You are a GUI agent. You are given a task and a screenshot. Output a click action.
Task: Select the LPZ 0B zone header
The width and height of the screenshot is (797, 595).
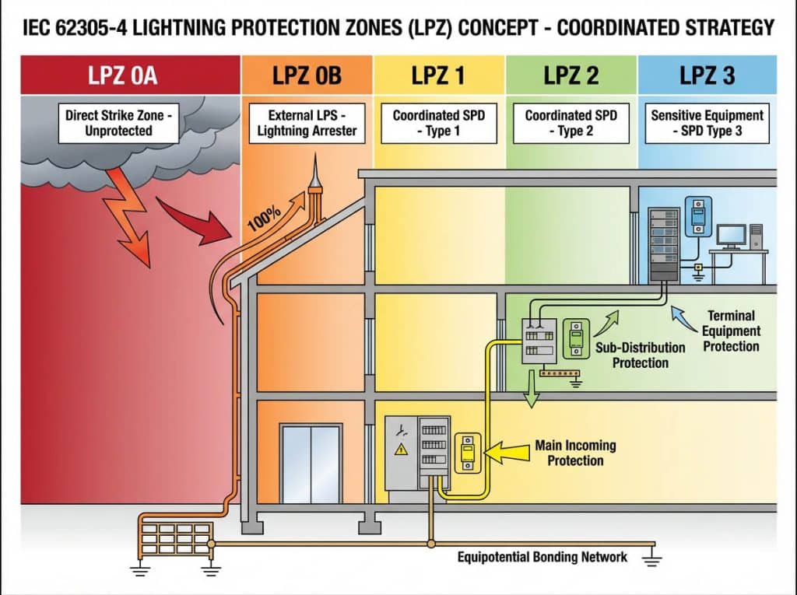tap(307, 76)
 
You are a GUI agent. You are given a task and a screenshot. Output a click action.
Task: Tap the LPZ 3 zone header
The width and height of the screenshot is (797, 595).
tap(707, 76)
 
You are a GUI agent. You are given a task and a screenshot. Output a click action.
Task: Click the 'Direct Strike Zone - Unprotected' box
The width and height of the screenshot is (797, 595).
tap(118, 122)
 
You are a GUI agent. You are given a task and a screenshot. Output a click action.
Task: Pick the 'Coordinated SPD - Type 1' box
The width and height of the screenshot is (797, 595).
tap(438, 122)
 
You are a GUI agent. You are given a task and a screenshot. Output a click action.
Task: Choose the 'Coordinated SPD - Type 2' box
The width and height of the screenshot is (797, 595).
tap(571, 122)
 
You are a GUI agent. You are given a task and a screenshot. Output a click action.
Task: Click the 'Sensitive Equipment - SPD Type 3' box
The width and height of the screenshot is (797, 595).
tap(707, 122)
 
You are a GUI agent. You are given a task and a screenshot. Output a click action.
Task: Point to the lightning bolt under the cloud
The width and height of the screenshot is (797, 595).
tap(129, 210)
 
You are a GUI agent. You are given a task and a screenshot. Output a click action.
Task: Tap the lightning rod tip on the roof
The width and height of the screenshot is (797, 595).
tap(315, 173)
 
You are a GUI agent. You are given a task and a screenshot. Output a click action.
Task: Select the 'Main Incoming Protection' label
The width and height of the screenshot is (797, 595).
tap(575, 453)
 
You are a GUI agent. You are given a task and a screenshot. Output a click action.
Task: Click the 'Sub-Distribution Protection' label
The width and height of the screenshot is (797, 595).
tap(640, 355)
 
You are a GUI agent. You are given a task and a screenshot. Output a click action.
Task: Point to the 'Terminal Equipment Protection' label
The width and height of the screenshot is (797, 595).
tap(731, 331)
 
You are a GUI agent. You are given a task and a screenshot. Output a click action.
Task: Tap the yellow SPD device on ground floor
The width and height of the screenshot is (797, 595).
tap(468, 452)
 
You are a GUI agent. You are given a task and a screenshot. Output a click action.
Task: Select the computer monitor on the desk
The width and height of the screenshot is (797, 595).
tap(731, 236)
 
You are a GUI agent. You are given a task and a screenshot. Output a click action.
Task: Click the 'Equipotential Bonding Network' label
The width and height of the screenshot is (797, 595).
tap(542, 557)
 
